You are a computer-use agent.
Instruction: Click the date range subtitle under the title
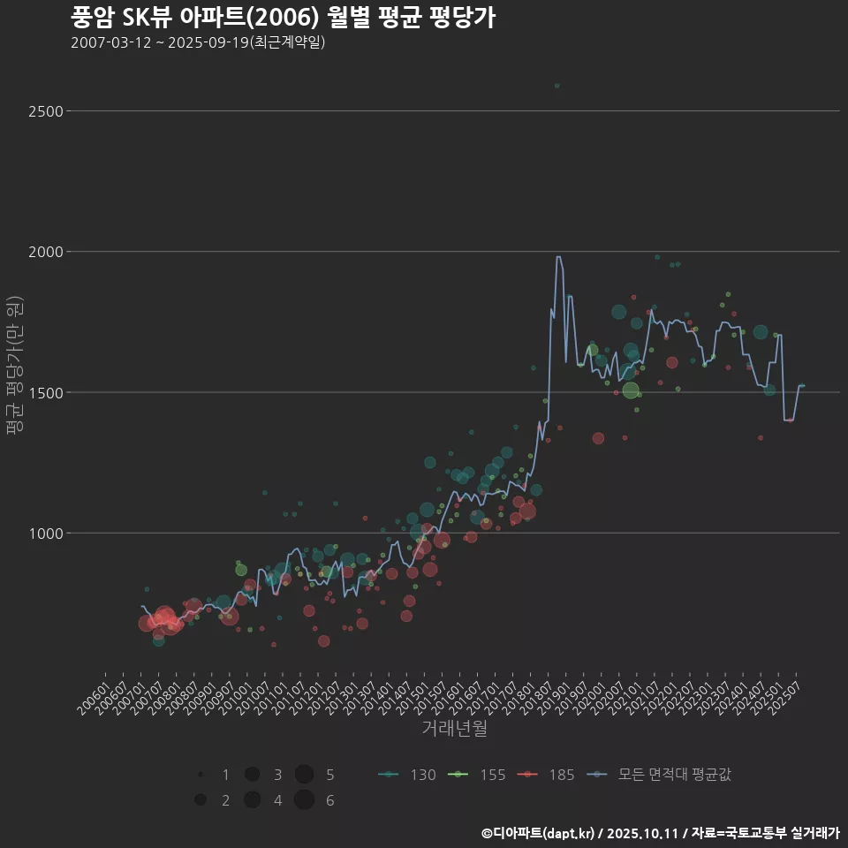198,42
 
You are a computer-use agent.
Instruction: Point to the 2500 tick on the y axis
45,111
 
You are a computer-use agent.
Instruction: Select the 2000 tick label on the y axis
45,252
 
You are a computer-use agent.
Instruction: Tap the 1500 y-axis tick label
45,392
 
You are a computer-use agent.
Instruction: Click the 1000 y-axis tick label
45,534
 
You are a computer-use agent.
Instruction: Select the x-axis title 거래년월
454,728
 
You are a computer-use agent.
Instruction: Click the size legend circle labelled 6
305,800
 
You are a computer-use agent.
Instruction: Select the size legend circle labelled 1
201,775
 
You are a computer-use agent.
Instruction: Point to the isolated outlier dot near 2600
556,86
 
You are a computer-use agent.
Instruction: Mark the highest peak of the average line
558,257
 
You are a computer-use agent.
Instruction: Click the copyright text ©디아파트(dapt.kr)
539,833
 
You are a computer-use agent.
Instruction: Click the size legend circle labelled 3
253,775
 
